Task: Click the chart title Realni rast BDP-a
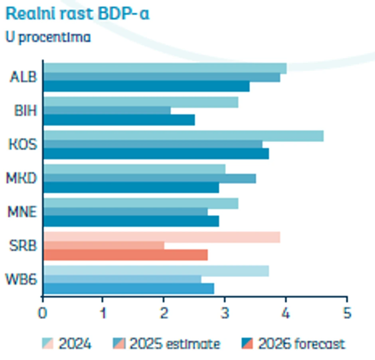click(x=77, y=14)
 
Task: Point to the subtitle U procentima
click(x=48, y=37)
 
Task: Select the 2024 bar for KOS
click(x=183, y=136)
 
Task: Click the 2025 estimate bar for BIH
click(x=107, y=110)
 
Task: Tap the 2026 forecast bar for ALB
click(x=146, y=86)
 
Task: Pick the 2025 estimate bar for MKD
click(x=149, y=178)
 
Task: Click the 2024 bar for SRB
click(x=161, y=237)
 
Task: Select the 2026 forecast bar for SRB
click(x=125, y=255)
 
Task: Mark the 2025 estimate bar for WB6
click(x=122, y=279)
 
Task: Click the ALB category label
click(x=23, y=77)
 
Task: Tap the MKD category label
click(x=22, y=178)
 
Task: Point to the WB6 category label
click(x=22, y=279)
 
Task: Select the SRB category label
click(x=23, y=246)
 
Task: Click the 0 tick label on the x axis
click(x=43, y=313)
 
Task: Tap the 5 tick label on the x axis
click(x=347, y=313)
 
